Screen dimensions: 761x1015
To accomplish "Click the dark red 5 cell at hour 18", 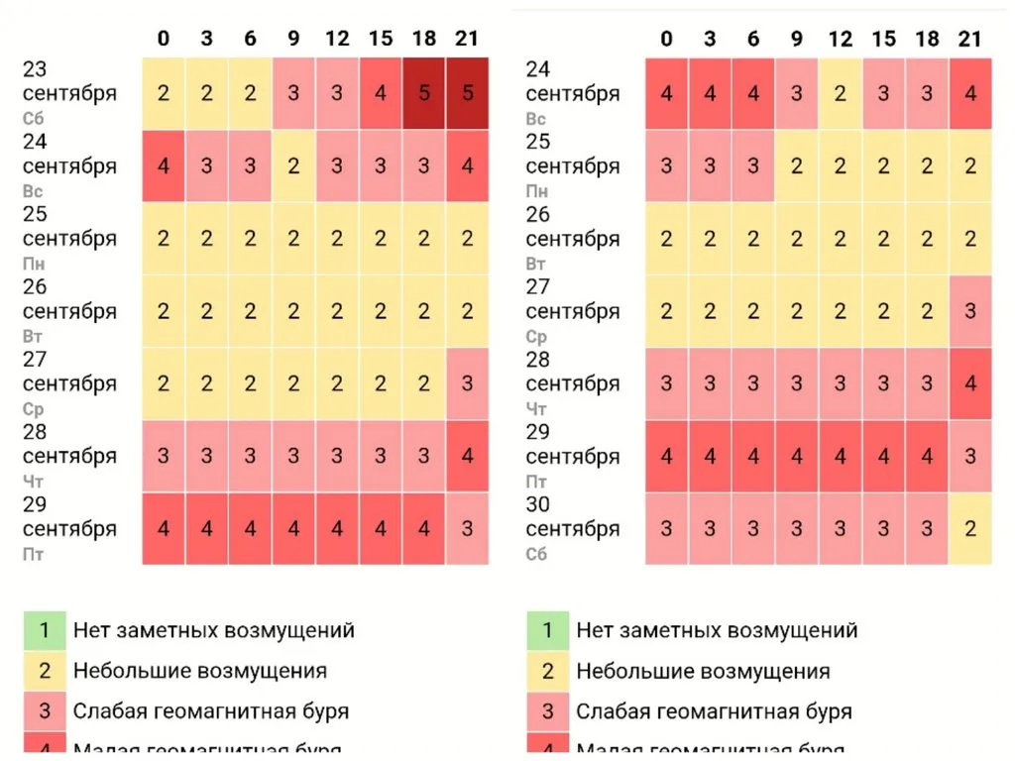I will click(424, 94).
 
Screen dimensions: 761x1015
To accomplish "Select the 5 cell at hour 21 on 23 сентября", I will click(467, 94).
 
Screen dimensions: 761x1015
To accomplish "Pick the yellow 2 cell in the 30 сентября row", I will click(970, 528).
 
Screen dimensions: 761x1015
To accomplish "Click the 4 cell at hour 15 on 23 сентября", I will click(381, 94).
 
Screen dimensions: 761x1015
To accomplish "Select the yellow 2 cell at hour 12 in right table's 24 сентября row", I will click(840, 94).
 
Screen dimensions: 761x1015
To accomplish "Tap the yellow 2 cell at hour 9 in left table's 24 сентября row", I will click(293, 166).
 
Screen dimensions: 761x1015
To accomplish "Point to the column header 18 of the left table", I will click(424, 39).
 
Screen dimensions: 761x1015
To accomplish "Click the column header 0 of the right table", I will click(666, 39).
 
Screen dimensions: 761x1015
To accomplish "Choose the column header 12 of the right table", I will click(840, 39).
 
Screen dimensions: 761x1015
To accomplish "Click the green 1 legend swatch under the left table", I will click(44, 630).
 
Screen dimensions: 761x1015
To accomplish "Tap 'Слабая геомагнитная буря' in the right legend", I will click(714, 711).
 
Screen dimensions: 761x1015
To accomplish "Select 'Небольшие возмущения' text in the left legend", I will click(199, 671).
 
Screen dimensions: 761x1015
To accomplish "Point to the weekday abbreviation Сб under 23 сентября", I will click(33, 119).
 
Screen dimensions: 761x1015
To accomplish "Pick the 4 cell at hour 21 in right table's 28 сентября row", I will click(970, 383).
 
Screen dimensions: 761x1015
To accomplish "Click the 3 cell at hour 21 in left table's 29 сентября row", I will click(467, 528).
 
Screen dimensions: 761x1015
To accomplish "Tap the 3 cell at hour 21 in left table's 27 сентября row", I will click(467, 383).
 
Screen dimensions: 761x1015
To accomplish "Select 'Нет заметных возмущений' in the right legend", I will click(717, 630).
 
